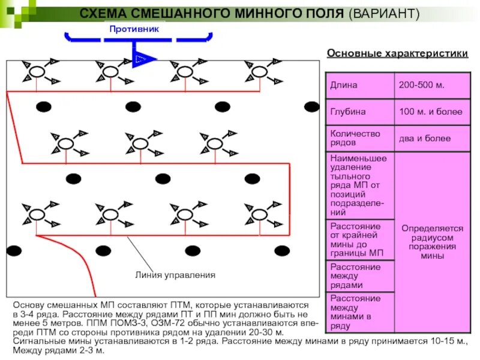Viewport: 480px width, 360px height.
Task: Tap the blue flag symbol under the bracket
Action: [x=143, y=59]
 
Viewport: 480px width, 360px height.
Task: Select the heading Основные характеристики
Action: [x=397, y=53]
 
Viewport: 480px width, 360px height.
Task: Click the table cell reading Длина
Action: [x=359, y=85]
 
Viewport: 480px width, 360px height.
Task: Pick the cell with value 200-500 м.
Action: [x=431, y=85]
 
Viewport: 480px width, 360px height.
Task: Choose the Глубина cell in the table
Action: [x=359, y=112]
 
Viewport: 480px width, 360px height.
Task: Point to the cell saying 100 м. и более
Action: [x=431, y=112]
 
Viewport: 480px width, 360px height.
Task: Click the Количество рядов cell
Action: [x=359, y=138]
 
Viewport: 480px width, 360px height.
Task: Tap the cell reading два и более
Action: [x=431, y=139]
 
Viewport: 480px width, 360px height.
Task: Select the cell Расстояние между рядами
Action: [x=359, y=275]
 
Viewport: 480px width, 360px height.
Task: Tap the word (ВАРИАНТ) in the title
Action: [x=384, y=13]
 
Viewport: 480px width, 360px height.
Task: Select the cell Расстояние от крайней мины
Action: [x=359, y=239]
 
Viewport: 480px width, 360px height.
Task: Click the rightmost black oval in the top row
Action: [x=311, y=107]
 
